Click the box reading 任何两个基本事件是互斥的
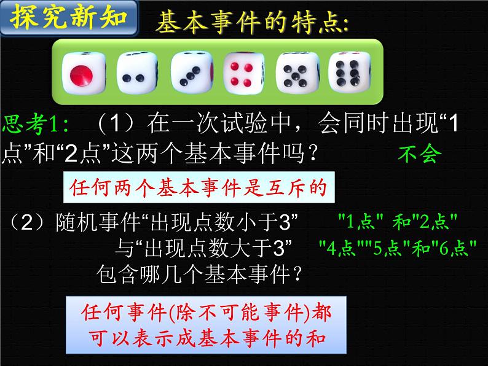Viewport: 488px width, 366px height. click(x=199, y=187)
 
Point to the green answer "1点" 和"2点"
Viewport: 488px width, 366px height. click(x=398, y=220)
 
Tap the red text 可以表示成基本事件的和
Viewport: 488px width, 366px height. click(x=204, y=338)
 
